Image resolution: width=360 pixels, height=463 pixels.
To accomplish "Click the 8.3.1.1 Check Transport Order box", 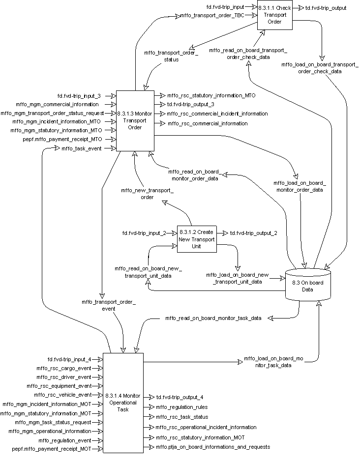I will (275, 18).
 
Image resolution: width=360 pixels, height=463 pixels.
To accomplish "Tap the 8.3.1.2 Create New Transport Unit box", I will (197, 239).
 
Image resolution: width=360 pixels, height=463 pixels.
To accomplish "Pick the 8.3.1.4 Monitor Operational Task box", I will (123, 403).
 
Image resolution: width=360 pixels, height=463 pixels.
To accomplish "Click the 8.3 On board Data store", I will (308, 286).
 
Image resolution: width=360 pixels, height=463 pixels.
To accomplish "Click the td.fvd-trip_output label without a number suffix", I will (326, 8).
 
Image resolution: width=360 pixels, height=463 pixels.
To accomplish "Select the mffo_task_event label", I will (82, 148).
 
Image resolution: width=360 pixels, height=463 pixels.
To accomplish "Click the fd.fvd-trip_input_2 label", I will (145, 232).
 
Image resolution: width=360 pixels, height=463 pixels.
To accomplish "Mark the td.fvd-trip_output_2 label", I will (254, 232).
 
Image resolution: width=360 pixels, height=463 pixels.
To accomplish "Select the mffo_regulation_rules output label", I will (181, 407).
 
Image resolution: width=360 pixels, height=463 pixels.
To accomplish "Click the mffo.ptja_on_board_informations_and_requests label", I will (212, 447).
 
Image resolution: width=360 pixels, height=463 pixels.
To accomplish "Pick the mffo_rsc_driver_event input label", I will (64, 377).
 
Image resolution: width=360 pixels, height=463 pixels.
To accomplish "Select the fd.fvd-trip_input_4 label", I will (69, 359).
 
